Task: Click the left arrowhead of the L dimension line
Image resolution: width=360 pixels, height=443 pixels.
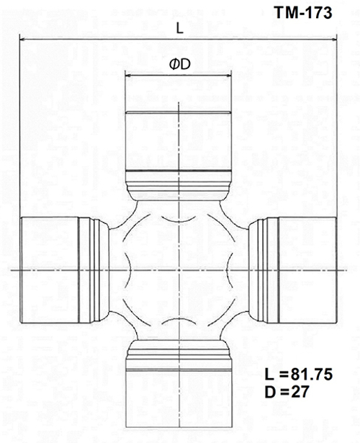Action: tap(22, 40)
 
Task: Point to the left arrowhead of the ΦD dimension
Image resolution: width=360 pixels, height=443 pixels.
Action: tap(128, 74)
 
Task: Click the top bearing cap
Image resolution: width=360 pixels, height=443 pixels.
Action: tap(178, 140)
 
